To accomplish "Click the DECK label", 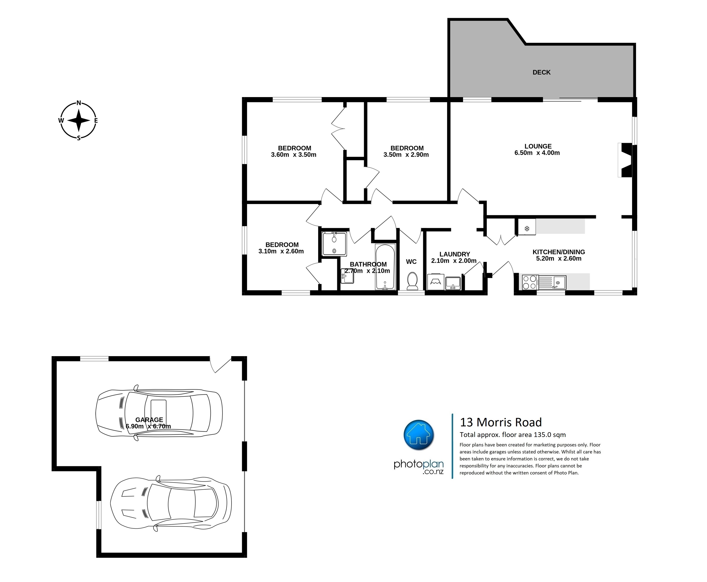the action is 542,72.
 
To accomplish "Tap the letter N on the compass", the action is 79,103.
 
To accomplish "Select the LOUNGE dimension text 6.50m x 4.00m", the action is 537,153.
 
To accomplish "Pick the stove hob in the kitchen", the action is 530,282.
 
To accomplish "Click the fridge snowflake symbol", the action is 527,229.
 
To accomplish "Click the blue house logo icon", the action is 419,435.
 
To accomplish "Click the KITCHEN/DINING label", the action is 559,252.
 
